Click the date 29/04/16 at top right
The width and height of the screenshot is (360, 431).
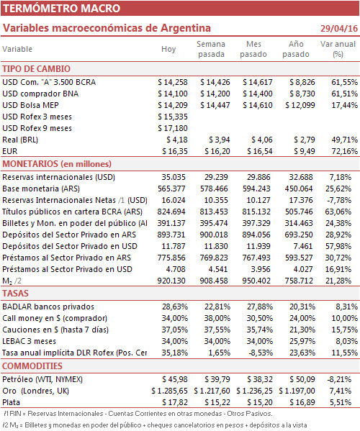339,28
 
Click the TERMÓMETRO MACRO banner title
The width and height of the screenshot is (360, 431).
62,8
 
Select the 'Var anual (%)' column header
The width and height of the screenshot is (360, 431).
338,49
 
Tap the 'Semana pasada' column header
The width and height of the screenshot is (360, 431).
211,49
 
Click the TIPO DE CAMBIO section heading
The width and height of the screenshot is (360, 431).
36,69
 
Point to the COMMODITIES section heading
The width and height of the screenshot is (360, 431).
32,366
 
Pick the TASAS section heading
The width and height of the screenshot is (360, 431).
15,294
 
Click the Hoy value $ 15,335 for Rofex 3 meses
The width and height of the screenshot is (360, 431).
173,117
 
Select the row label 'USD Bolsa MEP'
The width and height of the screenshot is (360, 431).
30,105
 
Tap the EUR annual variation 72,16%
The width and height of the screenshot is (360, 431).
345,151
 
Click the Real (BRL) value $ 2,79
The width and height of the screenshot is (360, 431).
304,140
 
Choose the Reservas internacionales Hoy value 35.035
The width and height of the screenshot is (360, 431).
174,177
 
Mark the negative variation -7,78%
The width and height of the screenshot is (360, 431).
339,200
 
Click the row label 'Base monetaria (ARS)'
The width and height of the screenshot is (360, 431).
41,189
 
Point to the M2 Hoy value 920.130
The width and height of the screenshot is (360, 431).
171,281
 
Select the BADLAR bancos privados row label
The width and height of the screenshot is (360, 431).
48,307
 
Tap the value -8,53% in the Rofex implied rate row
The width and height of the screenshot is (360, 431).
261,353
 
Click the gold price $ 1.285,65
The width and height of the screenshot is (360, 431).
169,391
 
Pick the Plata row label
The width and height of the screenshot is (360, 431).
11,402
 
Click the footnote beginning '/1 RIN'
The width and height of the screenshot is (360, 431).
138,414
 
